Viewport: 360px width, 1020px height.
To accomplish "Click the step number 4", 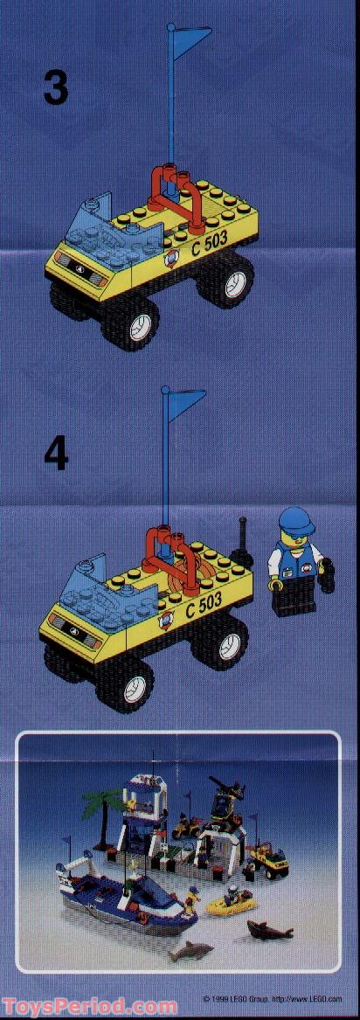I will coord(55,454).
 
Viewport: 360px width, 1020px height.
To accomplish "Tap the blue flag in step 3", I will coord(190,39).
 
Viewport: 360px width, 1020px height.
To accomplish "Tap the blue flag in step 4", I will coord(184,402).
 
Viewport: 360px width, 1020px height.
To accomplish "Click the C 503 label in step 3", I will coord(209,245).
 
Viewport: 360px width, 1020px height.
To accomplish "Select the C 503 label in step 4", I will coord(203,607).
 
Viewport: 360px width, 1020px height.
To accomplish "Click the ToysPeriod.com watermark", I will coord(90,1007).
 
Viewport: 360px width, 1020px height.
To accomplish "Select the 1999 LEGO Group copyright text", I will coord(267,998).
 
